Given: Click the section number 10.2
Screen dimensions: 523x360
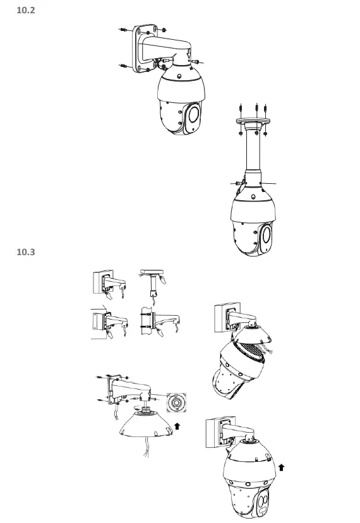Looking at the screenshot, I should (x=25, y=10).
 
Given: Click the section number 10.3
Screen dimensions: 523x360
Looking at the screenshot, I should (x=25, y=253).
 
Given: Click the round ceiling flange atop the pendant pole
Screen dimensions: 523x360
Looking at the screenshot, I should (x=253, y=120).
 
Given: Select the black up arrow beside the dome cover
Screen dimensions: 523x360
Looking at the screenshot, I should (x=177, y=426).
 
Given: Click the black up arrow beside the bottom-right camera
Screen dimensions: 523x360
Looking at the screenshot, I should (x=281, y=467).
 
